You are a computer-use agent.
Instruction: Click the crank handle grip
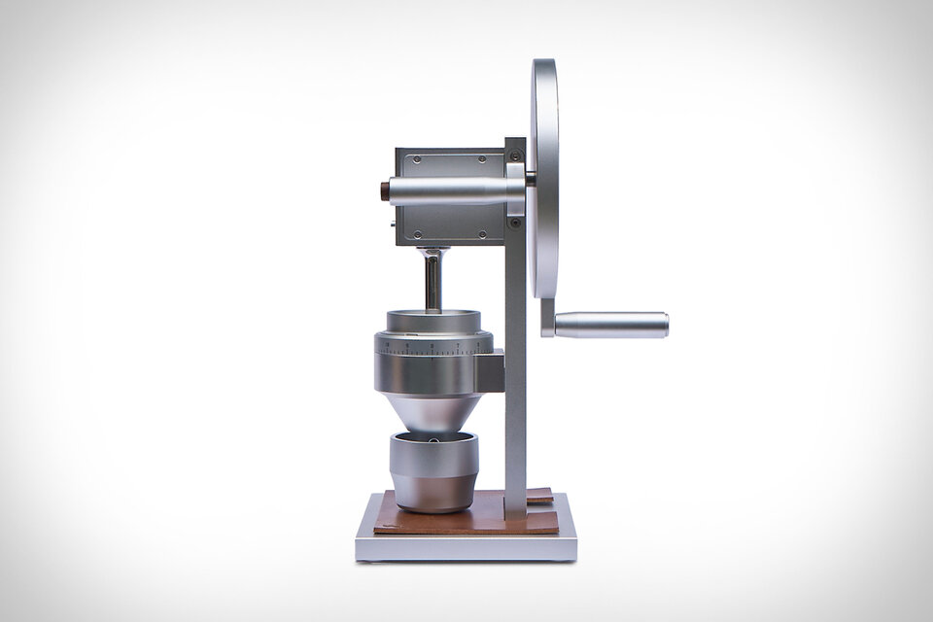pos(612,325)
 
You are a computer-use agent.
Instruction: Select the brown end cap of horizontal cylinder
pos(385,189)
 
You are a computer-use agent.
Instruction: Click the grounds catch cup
pos(433,470)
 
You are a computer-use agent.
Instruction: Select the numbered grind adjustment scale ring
pos(433,345)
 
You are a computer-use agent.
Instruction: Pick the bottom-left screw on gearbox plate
pos(416,233)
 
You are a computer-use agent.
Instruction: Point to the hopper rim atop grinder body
pos(432,320)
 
